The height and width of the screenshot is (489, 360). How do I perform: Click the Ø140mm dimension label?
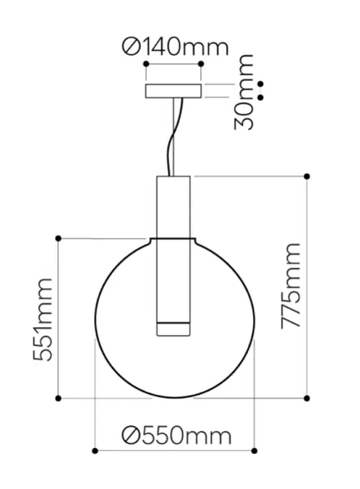pos(175,47)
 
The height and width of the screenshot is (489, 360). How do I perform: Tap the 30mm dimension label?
pos(244,93)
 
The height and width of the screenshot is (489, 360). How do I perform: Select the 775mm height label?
pos(291,286)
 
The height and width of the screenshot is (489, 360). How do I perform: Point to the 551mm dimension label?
pos(43,320)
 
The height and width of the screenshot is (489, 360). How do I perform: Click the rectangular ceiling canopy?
pos(173,90)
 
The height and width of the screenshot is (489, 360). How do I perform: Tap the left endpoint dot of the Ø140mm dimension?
pos(146,64)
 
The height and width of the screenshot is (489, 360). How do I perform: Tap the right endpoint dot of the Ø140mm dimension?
pos(201,64)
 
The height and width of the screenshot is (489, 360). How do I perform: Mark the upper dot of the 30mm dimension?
pos(261,84)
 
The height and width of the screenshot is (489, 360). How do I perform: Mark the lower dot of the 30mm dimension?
pos(261,98)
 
